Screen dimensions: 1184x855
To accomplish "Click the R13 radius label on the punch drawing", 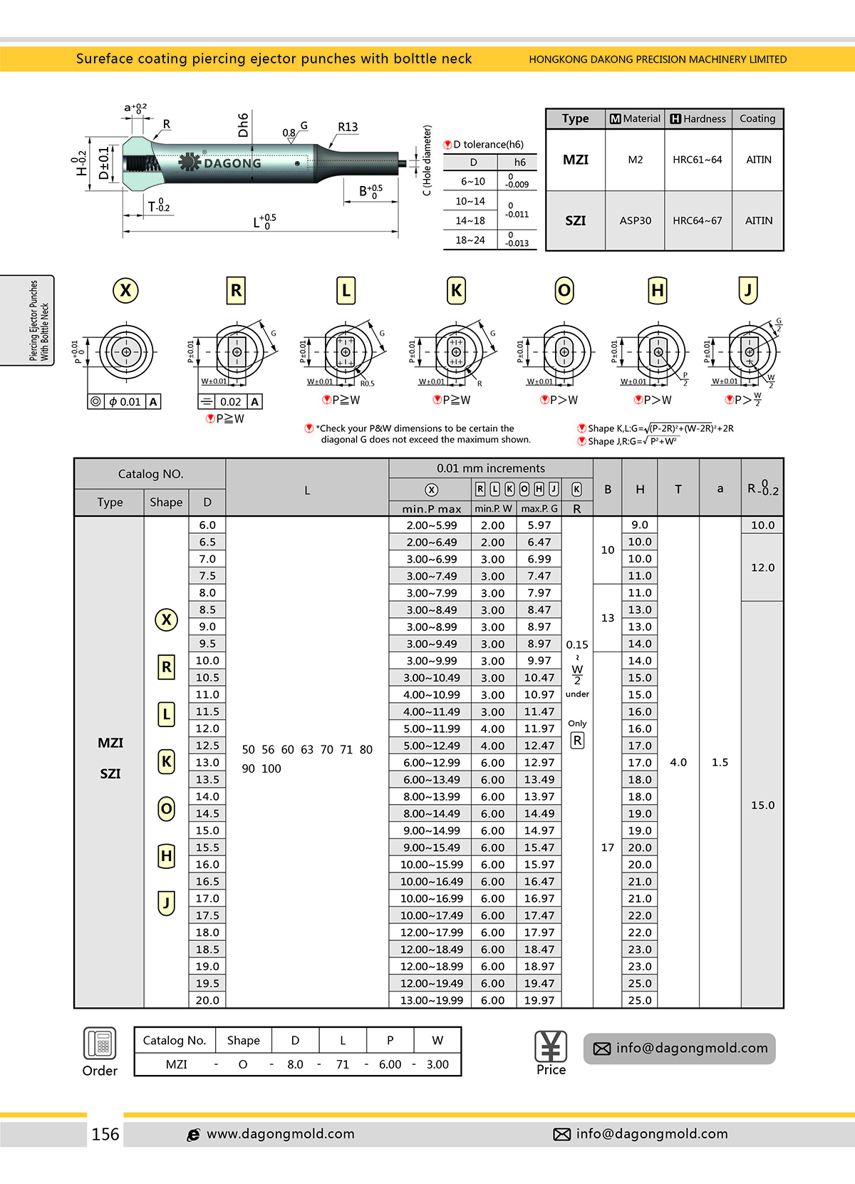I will [x=348, y=128].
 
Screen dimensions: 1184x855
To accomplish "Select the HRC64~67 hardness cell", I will [x=697, y=221].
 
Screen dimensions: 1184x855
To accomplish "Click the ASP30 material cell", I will [x=635, y=221].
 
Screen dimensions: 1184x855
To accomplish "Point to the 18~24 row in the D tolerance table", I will [x=470, y=240].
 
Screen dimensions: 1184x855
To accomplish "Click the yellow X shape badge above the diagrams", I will [x=125, y=291].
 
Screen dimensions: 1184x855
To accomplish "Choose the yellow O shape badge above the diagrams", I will [x=564, y=291].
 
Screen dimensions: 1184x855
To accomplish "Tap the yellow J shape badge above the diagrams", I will [x=747, y=291].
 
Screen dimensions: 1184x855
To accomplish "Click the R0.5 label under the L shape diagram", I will [x=367, y=383].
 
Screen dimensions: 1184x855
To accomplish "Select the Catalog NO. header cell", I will [x=150, y=474].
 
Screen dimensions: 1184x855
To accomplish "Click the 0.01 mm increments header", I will [x=490, y=468].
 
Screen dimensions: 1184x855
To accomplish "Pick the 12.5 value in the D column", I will [x=207, y=746].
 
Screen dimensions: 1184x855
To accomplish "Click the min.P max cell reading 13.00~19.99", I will [x=431, y=1000].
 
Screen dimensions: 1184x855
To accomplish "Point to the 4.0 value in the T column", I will [x=678, y=763].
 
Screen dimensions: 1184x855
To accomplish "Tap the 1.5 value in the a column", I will [x=720, y=763].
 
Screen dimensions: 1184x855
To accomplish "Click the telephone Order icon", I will [x=100, y=1044].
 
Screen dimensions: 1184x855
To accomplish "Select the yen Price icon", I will [x=551, y=1046].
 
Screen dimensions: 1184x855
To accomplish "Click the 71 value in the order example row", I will [x=343, y=1064].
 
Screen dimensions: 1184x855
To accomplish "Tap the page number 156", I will [x=105, y=1134].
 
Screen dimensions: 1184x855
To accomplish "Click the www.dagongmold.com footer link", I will [x=280, y=1134].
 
